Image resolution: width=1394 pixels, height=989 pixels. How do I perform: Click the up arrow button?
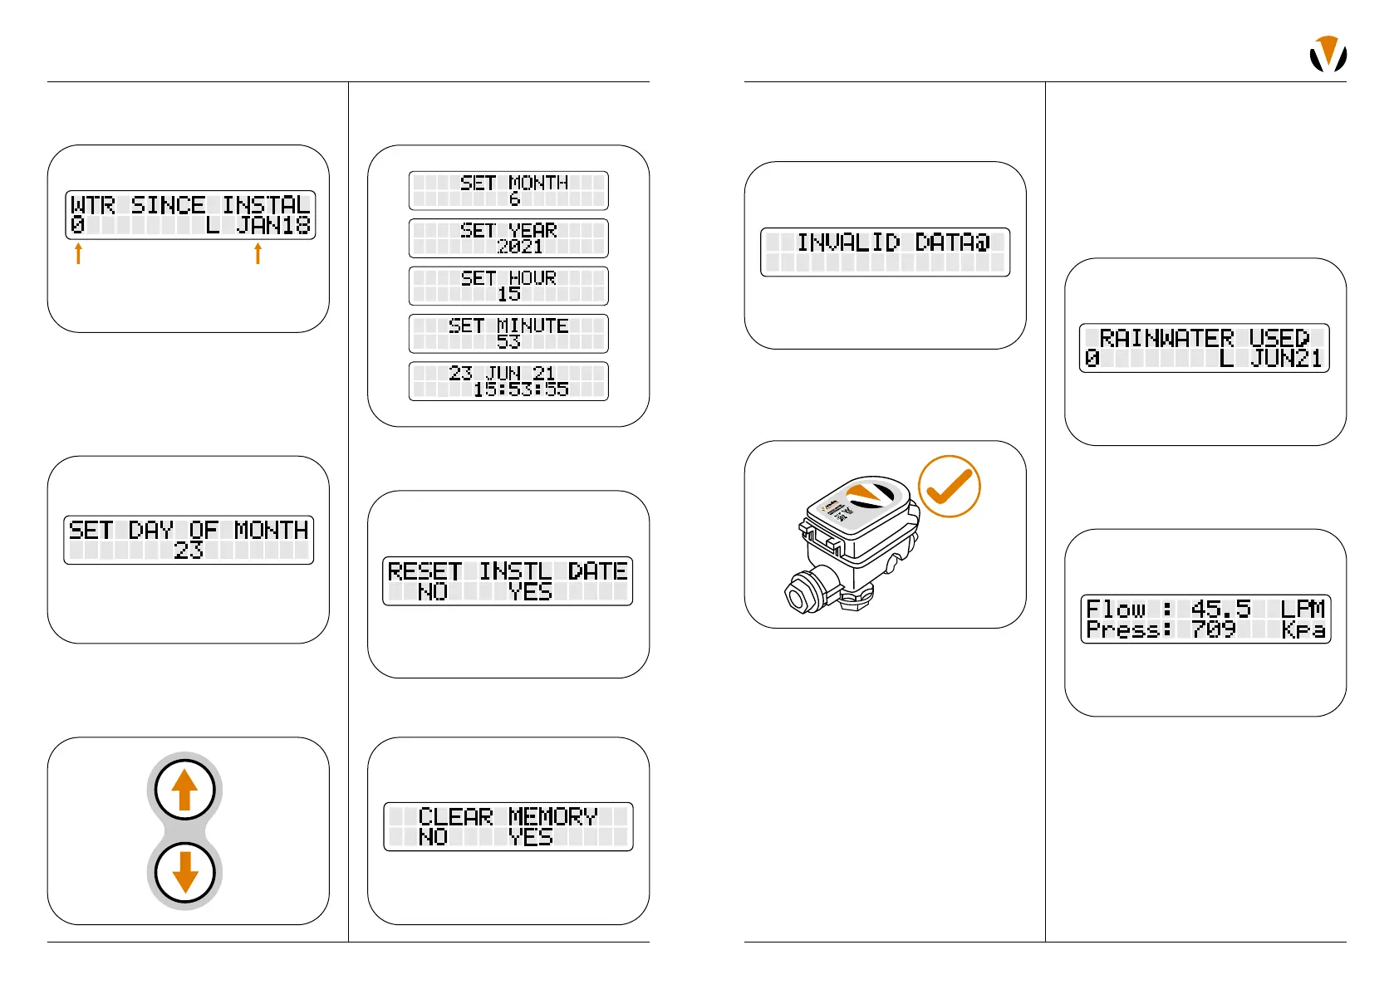[x=184, y=790]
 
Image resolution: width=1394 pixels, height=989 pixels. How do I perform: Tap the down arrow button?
[x=184, y=873]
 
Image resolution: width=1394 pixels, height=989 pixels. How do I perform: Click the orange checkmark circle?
[x=949, y=487]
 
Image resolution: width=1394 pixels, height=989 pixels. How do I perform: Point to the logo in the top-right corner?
[x=1328, y=55]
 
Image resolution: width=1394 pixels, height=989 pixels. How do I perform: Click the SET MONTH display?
[x=508, y=191]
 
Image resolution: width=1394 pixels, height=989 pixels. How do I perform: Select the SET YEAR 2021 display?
[x=508, y=238]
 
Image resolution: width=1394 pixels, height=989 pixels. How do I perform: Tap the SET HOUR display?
[x=508, y=286]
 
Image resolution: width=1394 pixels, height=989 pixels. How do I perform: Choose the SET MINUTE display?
[x=508, y=333]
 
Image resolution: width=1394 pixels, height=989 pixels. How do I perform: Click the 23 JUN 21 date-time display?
[x=508, y=381]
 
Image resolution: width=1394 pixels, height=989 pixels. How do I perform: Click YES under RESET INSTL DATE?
[x=530, y=592]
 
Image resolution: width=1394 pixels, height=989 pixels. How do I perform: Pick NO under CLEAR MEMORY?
[x=433, y=837]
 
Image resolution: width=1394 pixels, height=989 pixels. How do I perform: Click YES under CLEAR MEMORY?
[x=530, y=837]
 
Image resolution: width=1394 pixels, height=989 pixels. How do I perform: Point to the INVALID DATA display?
[x=885, y=252]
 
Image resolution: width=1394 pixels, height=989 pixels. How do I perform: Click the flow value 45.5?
[x=1220, y=609]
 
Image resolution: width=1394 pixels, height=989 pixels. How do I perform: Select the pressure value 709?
[x=1213, y=629]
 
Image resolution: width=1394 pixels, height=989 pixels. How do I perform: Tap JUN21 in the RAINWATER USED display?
[x=1286, y=359]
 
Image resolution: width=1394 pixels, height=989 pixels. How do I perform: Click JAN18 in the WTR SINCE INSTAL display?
[x=273, y=225]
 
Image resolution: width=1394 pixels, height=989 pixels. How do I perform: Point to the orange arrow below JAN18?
[x=258, y=253]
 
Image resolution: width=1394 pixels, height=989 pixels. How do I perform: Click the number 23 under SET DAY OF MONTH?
[x=189, y=550]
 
